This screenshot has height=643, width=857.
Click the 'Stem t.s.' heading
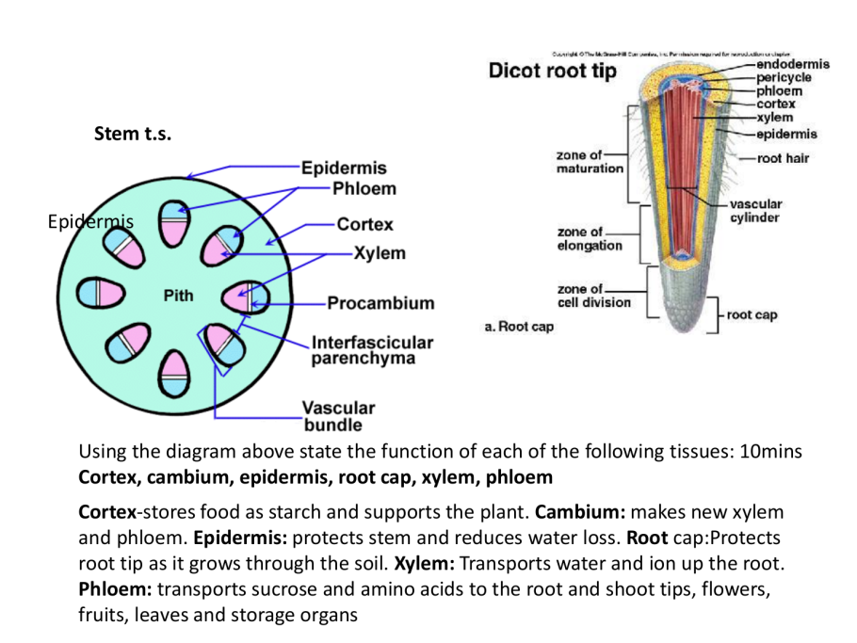click(x=133, y=134)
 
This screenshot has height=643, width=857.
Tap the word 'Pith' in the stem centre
click(x=178, y=296)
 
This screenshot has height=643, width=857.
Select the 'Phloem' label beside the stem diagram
click(x=364, y=188)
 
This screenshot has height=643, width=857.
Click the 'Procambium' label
click(x=380, y=303)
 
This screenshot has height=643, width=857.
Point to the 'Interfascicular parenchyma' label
click(x=372, y=349)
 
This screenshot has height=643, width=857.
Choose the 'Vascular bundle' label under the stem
click(x=338, y=416)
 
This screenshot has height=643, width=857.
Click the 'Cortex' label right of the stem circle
click(x=364, y=225)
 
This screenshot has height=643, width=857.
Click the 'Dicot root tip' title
click(x=553, y=72)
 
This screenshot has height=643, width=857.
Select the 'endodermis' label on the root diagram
click(x=792, y=64)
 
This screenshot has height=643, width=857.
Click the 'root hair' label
click(x=783, y=158)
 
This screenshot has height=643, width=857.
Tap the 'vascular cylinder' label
click(x=755, y=211)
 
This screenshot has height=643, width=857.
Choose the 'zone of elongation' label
click(x=590, y=238)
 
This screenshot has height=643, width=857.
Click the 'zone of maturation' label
click(x=590, y=161)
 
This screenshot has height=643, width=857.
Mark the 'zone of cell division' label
click(x=593, y=296)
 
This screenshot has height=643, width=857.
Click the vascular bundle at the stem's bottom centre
click(x=173, y=370)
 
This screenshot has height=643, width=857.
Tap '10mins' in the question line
click(x=770, y=452)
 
